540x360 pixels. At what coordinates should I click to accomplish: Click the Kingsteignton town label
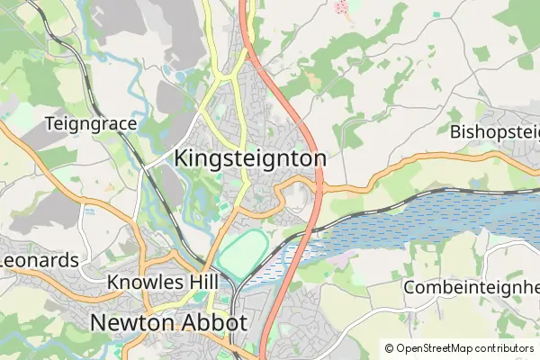point(249,157)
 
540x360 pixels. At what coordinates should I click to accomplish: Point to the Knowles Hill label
point(162,283)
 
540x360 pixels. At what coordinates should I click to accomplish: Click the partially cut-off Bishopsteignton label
point(494,132)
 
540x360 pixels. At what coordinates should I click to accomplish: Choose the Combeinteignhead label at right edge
point(472,287)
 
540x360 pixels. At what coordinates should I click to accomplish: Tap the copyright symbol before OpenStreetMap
point(389,348)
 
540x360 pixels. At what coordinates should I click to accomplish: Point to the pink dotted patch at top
point(342,7)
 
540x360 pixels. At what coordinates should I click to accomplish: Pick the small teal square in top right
point(436,15)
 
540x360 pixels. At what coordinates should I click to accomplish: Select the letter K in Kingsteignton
point(179,157)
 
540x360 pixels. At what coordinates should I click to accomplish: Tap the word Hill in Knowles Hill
point(202,283)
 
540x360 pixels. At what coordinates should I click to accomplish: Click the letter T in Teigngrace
point(49,122)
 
